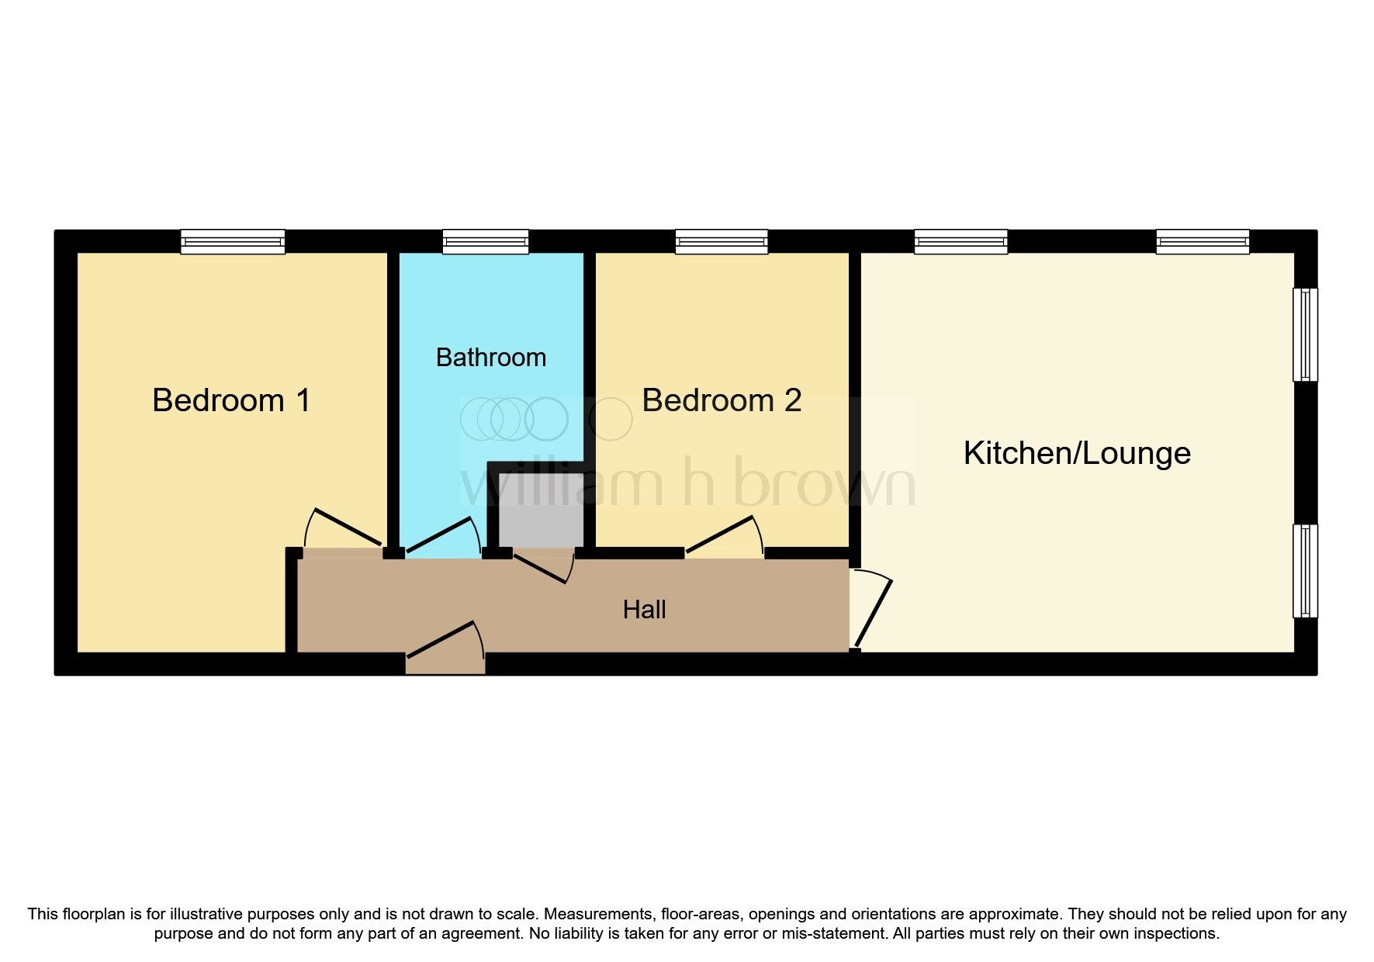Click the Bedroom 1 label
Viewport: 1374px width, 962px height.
tap(231, 401)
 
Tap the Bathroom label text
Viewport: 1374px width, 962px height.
tap(490, 358)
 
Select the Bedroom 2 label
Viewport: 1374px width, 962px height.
tap(722, 401)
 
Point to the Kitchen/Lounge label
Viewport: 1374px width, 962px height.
tap(1077, 454)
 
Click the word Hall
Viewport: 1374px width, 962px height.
tap(644, 610)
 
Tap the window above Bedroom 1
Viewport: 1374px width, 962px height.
tap(233, 241)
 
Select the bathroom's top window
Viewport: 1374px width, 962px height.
tap(486, 241)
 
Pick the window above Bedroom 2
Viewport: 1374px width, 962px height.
tap(722, 241)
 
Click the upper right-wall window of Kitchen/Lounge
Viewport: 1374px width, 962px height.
tap(1305, 334)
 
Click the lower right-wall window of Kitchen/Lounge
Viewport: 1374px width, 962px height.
tap(1305, 571)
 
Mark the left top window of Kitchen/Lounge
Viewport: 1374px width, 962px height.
tap(960, 241)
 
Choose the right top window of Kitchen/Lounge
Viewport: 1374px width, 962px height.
tap(1203, 241)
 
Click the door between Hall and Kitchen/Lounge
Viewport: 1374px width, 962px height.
tap(872, 610)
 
